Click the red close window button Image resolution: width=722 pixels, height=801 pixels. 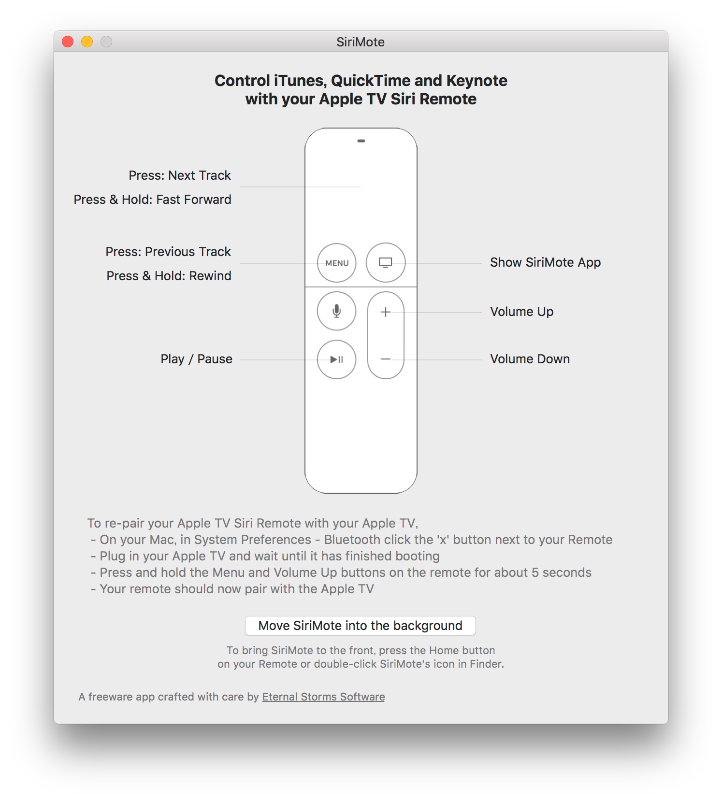68,42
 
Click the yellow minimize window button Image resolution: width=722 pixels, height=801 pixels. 87,42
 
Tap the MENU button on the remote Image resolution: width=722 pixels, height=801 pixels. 337,263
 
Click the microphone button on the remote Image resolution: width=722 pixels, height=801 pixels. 337,311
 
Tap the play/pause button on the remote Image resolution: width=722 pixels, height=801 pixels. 337,359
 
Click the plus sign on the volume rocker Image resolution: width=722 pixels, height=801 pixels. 386,312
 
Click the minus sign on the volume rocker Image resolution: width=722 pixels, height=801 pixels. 386,359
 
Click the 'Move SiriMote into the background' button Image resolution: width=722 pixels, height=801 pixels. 360,626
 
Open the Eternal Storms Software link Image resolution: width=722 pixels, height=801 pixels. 323,697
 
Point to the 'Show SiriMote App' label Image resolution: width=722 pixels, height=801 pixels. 545,262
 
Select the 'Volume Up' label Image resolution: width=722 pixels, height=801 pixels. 521,312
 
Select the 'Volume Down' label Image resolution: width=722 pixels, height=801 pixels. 530,359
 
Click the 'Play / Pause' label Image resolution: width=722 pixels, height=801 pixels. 196,359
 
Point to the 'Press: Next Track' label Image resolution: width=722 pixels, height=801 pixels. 180,175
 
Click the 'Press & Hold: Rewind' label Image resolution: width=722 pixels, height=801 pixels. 169,276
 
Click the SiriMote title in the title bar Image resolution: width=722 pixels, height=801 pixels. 361,42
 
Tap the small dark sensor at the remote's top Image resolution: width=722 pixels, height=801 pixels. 361,141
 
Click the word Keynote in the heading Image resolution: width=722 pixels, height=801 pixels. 477,81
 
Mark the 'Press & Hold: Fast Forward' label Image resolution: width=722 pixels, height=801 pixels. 152,200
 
